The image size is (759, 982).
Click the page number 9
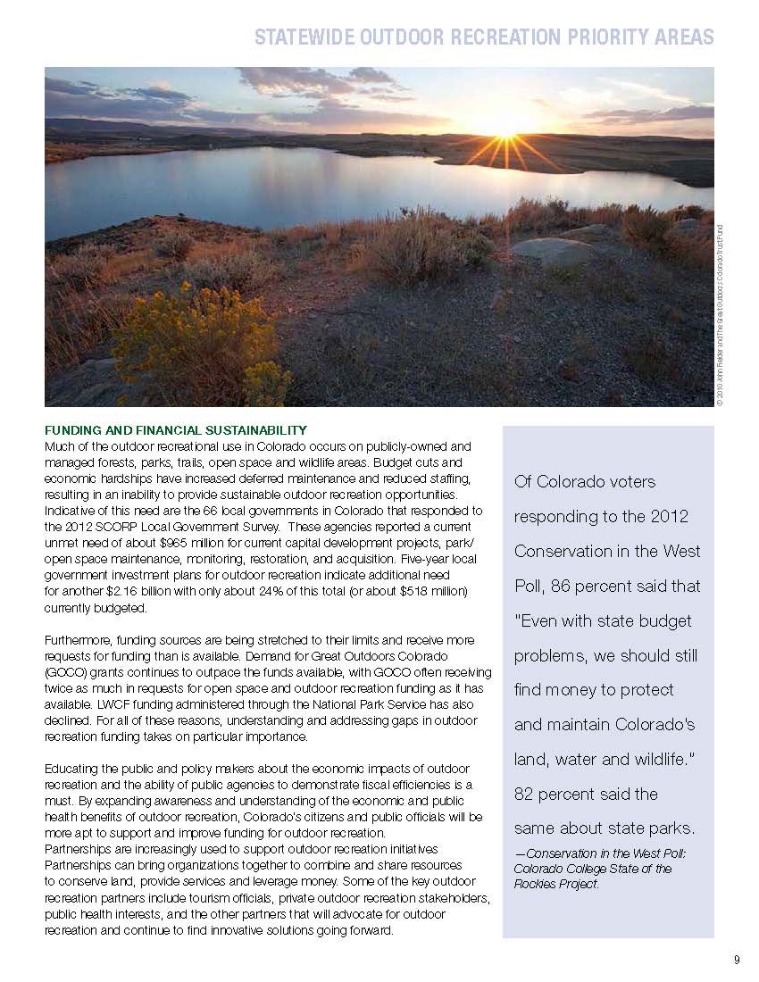pyautogui.click(x=737, y=960)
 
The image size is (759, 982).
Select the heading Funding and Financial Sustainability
pyautogui.click(x=176, y=430)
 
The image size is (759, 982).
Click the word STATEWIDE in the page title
pyautogui.click(x=303, y=37)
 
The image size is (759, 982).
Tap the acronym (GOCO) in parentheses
pyautogui.click(x=68, y=672)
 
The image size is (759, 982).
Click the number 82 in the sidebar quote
pyautogui.click(x=526, y=794)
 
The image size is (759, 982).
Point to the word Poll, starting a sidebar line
pyautogui.click(x=530, y=587)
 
